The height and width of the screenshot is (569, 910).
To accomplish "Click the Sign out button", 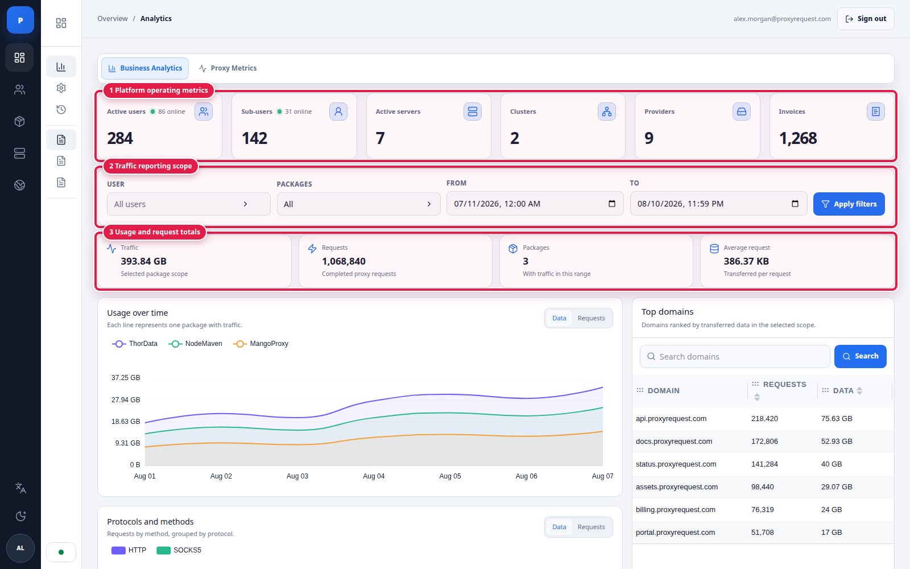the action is [865, 19].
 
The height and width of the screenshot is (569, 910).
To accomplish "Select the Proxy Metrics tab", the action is [227, 68].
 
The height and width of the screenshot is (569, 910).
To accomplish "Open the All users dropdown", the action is [188, 204].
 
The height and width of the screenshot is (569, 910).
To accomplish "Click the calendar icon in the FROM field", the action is [612, 204].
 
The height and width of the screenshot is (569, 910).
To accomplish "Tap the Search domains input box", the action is [734, 356].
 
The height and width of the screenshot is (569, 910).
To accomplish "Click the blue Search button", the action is [860, 356].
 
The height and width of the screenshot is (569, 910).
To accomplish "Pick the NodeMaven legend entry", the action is [196, 344].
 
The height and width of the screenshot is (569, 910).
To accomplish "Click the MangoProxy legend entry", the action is [261, 344].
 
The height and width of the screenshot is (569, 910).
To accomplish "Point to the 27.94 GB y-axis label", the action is [126, 400].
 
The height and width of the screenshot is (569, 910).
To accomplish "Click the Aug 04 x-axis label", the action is [374, 476].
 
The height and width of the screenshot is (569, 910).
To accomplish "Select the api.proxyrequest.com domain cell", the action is [671, 419].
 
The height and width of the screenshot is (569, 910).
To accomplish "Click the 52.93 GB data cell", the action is [837, 442].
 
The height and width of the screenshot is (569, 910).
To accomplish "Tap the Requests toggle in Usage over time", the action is [591, 318].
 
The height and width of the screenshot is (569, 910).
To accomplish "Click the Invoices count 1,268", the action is [798, 138].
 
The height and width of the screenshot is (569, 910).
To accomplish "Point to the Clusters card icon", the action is [606, 112].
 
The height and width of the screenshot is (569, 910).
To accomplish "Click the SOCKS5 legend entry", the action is [179, 550].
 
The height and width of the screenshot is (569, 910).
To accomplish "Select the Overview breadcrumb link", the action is [113, 19].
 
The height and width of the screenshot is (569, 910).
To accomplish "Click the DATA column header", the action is [843, 390].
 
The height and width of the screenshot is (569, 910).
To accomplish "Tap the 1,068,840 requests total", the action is [344, 261].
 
